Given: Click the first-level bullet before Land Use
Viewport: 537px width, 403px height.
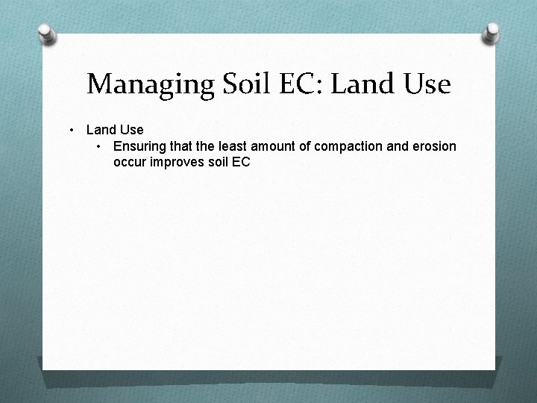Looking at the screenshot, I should (72, 131).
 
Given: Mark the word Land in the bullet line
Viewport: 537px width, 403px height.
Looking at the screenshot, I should (100, 131).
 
